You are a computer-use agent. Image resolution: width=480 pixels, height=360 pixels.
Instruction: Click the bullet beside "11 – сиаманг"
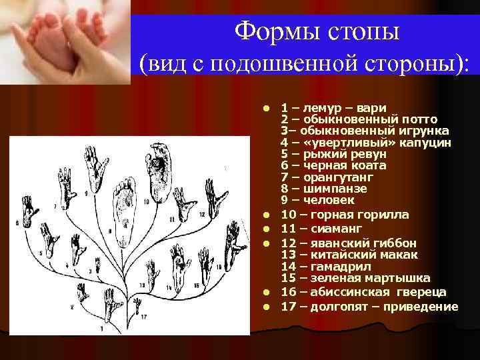pos(265,229)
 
